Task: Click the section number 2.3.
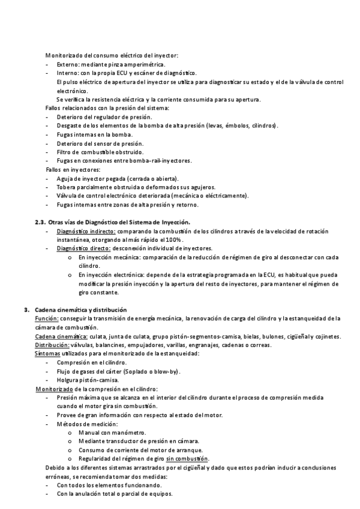point(40,222)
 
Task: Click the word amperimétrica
point(143,64)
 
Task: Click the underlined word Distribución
point(52,345)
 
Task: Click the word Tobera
point(67,187)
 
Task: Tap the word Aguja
point(65,178)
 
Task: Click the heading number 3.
point(27,310)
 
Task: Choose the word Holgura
point(69,380)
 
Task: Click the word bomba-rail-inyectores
point(162,160)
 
